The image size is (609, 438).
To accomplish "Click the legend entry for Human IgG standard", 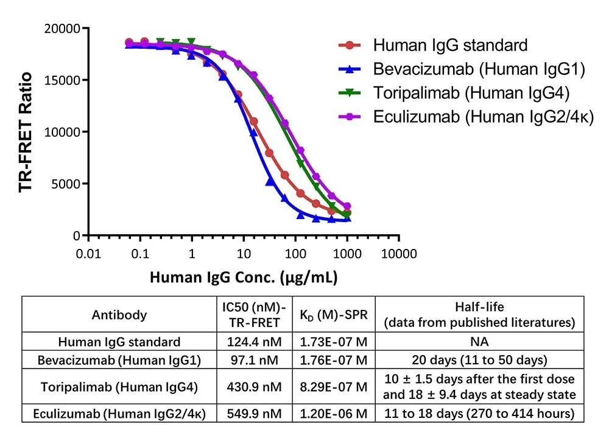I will [449, 45].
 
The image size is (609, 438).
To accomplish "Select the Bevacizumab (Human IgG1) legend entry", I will [479, 70].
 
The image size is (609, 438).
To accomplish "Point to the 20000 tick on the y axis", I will [64, 28].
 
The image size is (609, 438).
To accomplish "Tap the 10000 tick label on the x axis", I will [399, 253].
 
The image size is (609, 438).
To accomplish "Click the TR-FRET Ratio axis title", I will [26, 132].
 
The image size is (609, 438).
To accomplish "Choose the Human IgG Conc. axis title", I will [244, 278].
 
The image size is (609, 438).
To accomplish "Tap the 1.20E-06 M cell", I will [334, 414].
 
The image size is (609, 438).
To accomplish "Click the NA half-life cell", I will [479, 342].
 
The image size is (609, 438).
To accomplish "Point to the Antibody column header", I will [119, 315].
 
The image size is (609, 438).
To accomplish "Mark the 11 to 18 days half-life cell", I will [479, 414].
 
